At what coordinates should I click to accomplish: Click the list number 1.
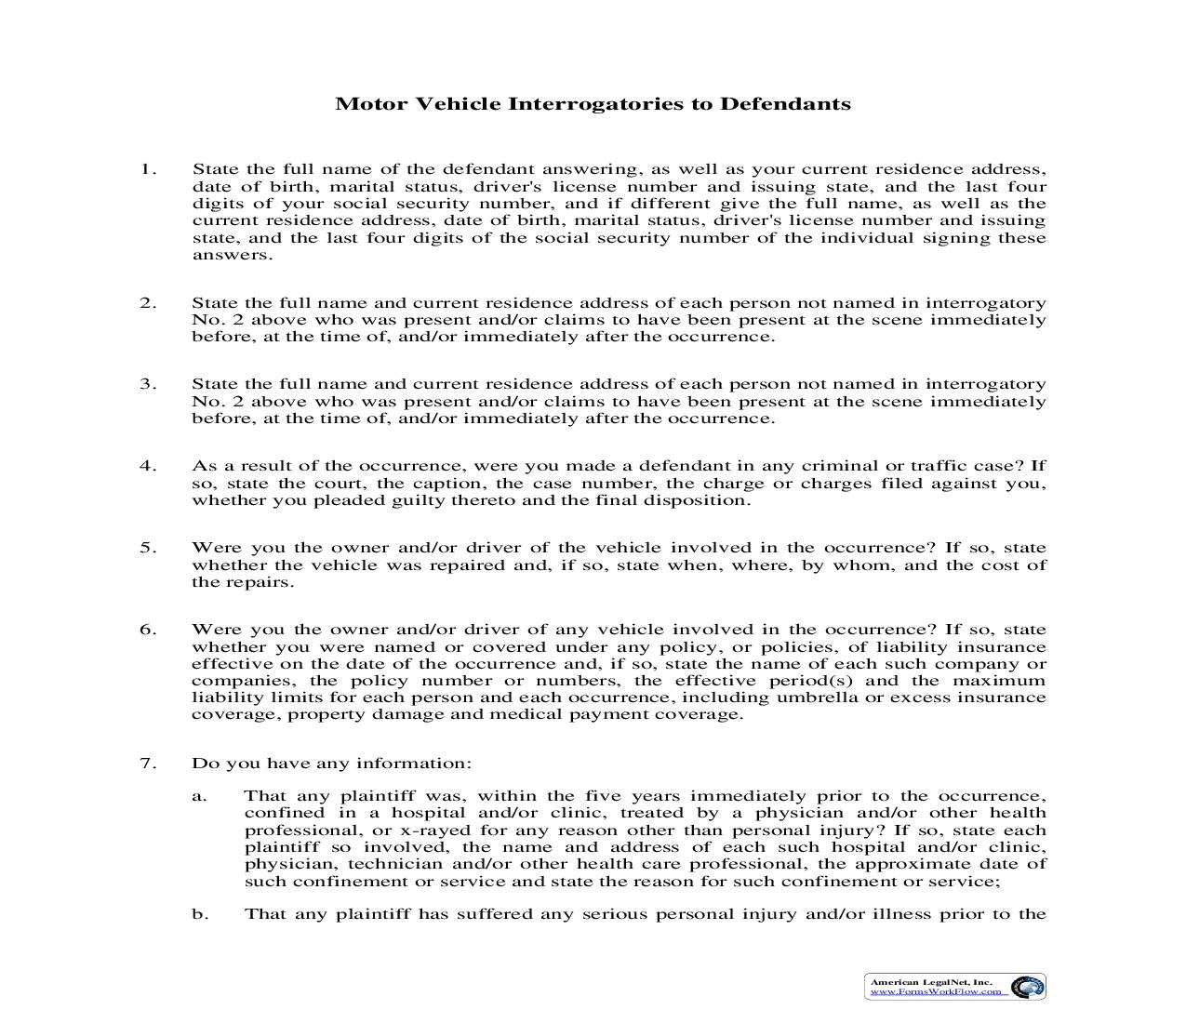point(147,169)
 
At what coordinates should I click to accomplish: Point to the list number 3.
point(147,384)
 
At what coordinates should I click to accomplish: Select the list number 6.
point(147,630)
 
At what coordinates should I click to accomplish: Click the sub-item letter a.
point(198,796)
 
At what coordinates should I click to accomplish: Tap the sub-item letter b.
point(199,914)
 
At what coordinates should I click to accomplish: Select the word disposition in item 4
point(700,500)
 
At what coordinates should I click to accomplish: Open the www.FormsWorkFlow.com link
point(936,991)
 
